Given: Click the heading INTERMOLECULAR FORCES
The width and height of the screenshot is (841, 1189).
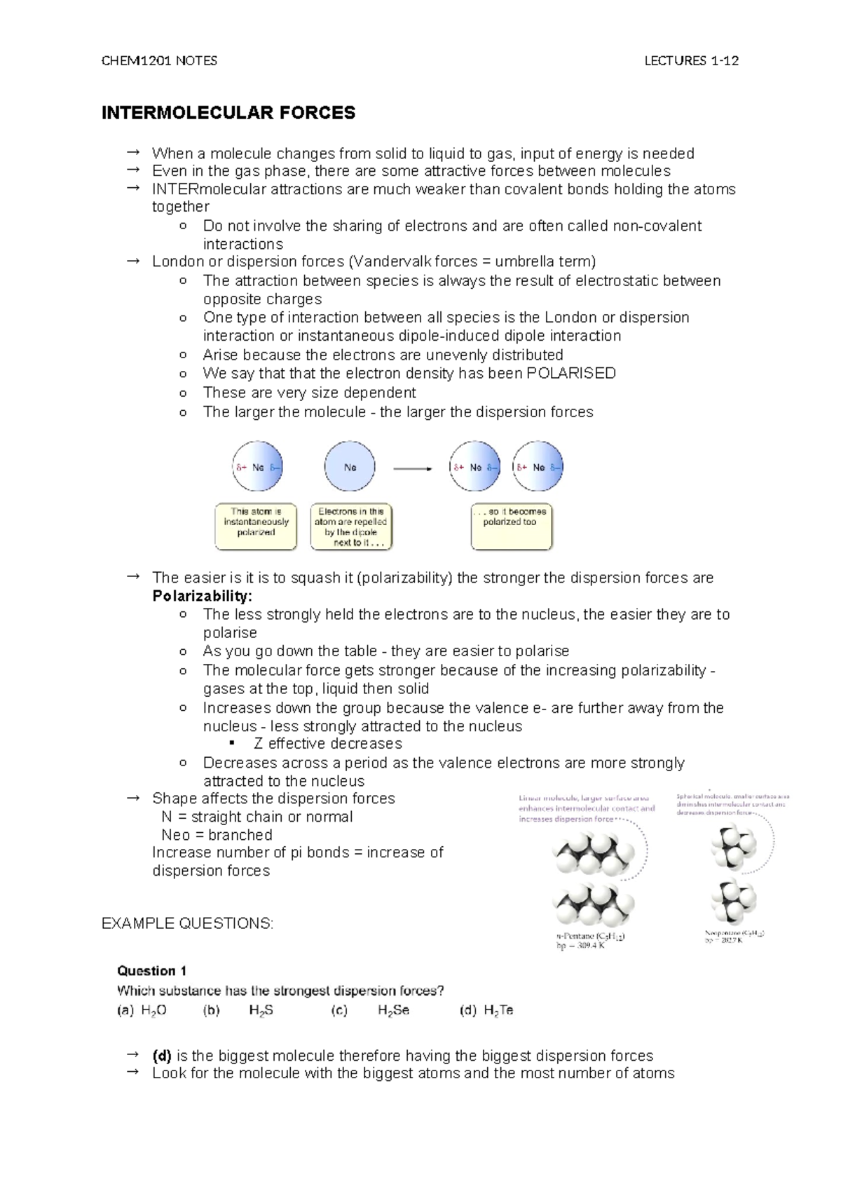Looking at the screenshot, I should [x=228, y=113].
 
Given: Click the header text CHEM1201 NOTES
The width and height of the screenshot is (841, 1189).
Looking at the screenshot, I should [x=159, y=61].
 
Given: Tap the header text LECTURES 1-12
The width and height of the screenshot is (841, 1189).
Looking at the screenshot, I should [x=691, y=61].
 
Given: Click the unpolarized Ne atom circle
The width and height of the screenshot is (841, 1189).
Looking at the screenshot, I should [x=350, y=467].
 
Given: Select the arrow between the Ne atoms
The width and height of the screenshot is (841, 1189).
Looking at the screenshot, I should [x=412, y=468].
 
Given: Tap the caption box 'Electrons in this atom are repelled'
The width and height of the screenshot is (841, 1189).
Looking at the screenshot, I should [x=350, y=526].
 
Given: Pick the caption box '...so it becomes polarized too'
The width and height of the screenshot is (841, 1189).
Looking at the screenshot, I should [x=512, y=526].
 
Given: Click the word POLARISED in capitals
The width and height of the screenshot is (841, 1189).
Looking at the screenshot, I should [x=570, y=374].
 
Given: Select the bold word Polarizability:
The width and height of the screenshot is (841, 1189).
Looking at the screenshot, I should [x=202, y=597].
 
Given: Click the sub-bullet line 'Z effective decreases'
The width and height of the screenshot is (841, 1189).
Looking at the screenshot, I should [x=327, y=744].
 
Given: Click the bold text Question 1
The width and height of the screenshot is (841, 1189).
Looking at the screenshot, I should [x=151, y=971].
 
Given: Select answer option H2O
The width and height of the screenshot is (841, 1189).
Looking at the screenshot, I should [x=153, y=1010].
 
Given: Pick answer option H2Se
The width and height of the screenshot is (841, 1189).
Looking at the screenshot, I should [x=393, y=1010].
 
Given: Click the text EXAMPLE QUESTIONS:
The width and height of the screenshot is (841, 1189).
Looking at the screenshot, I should [x=187, y=923].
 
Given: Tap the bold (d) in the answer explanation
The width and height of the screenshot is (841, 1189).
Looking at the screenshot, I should [x=162, y=1056].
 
